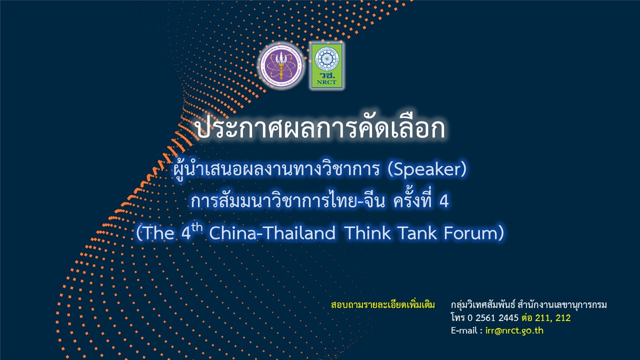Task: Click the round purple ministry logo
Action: [x=281, y=66]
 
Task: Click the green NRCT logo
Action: [x=327, y=66]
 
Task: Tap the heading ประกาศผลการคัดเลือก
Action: [x=320, y=128]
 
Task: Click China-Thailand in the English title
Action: [x=272, y=233]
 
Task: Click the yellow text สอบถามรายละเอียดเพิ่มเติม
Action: [x=383, y=305]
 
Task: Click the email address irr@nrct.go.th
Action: [x=514, y=330]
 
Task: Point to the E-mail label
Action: [x=466, y=330]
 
